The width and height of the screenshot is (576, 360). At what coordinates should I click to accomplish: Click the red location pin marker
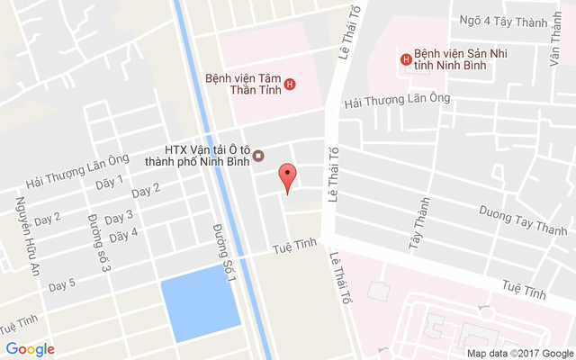point(287,176)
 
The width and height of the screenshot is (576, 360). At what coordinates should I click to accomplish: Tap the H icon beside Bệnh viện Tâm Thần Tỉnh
point(289,86)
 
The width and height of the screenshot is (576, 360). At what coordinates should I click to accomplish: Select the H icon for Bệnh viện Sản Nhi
point(405,59)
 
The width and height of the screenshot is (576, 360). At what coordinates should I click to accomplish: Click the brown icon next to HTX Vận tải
point(258,156)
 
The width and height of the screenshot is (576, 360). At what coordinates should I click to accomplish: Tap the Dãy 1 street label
point(109,183)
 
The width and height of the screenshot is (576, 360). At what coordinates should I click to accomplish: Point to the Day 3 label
point(119,217)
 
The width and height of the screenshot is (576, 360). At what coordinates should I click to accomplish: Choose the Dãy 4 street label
point(123,235)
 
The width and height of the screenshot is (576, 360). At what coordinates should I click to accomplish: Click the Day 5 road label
point(62,285)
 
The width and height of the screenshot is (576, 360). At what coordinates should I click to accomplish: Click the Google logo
point(30,349)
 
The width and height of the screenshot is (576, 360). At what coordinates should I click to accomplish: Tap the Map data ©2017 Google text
point(519,353)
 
